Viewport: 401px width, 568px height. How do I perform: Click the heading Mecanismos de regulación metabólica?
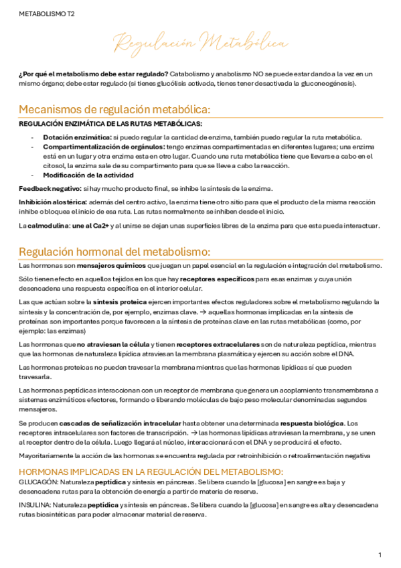click(x=114, y=110)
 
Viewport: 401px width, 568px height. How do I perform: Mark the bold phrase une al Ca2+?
click(x=90, y=225)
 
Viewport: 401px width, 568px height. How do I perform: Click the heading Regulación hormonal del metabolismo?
click(x=114, y=252)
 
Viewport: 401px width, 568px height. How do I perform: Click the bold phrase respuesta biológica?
click(x=312, y=423)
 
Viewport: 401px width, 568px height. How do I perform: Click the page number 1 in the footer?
click(x=380, y=555)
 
